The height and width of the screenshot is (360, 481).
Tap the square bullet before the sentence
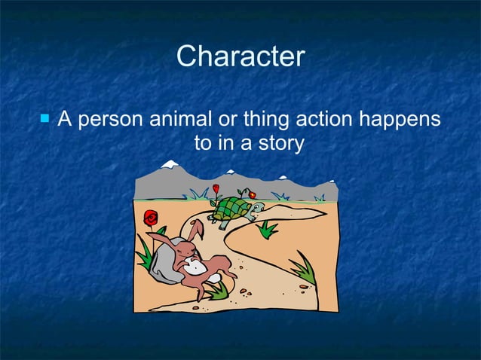(45, 118)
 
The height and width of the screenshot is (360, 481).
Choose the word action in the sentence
(329, 120)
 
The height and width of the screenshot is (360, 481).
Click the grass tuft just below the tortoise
(268, 228)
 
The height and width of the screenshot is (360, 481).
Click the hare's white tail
(214, 277)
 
